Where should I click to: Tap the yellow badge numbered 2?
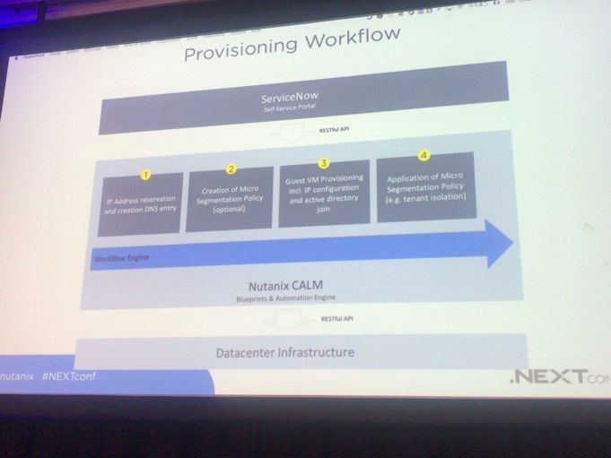231,169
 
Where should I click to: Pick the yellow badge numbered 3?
325,163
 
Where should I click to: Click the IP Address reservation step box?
140,203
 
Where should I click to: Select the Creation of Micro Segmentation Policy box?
230,198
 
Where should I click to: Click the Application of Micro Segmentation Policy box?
425,187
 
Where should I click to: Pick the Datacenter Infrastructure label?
285,352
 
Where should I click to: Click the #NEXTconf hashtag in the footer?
68,376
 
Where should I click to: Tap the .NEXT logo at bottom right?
549,376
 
